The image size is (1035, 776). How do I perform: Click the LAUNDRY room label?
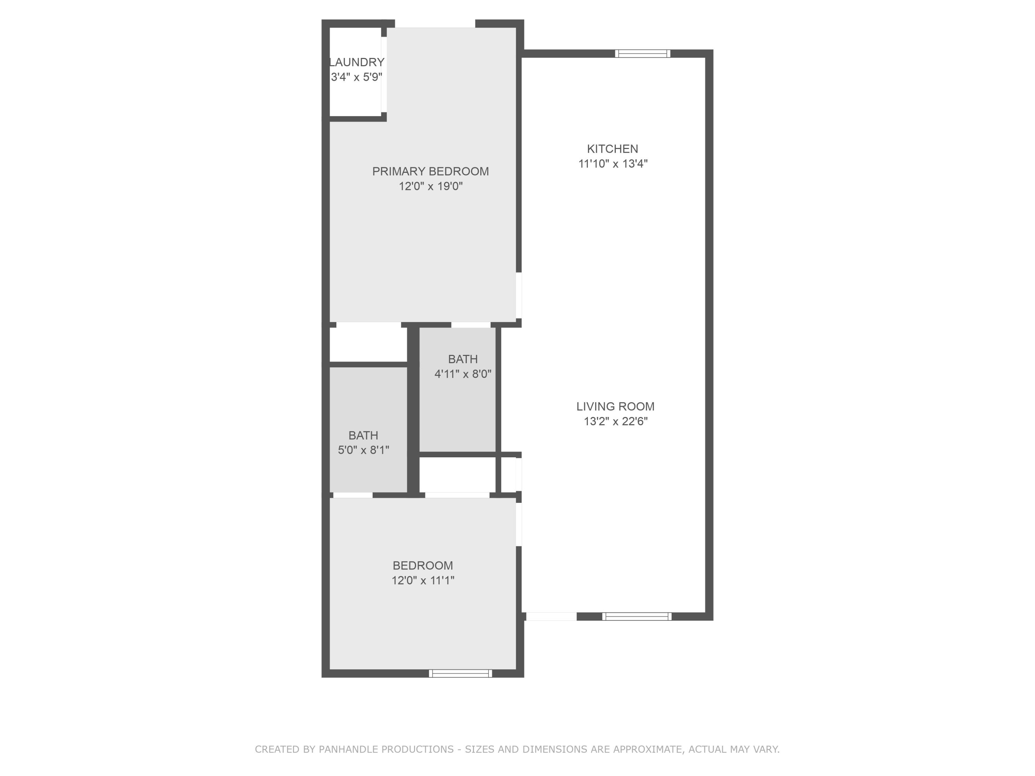coord(357,62)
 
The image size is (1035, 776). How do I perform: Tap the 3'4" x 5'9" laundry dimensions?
coord(356,77)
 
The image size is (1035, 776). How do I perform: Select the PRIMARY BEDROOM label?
coord(431,172)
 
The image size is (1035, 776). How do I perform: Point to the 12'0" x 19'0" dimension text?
coord(431,187)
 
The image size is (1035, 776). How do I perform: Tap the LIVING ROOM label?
coord(615,407)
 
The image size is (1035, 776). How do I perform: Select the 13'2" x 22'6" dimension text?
coord(615,421)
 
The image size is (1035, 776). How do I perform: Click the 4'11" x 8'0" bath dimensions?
coord(463,374)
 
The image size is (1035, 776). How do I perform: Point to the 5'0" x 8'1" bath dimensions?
coord(364,450)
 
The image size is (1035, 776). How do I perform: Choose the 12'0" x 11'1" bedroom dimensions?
coord(423,580)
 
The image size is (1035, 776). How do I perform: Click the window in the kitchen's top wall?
coord(642,54)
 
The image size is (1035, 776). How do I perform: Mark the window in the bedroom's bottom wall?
coord(461,674)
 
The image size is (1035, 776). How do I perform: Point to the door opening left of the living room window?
coord(551,617)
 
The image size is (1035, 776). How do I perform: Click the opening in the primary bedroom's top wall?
coord(435,24)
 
